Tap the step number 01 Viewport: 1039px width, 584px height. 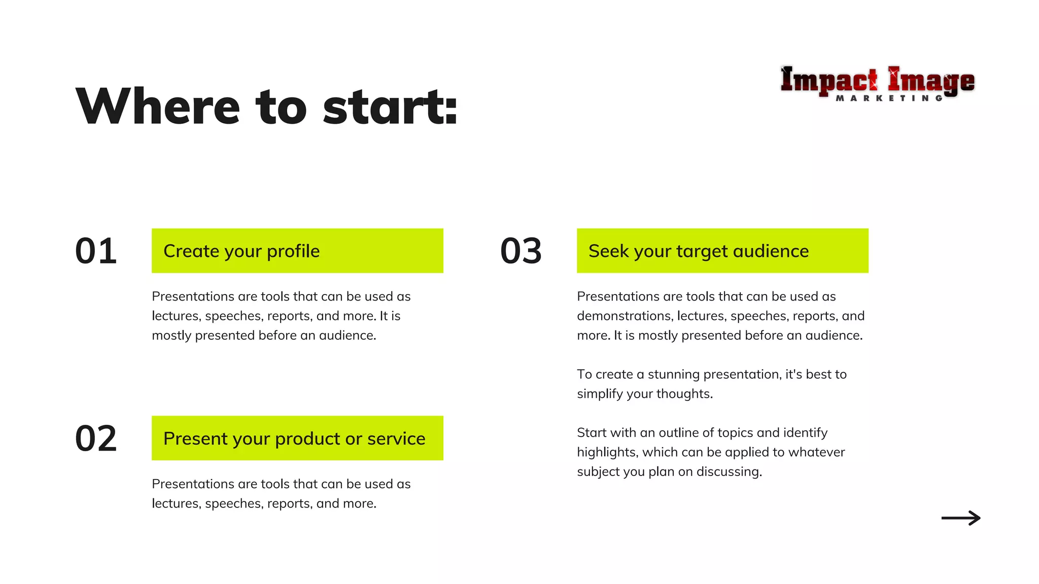[x=96, y=251]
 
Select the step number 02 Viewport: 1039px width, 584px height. [x=96, y=439]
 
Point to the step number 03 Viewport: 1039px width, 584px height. [x=521, y=251]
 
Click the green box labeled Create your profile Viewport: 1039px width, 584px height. [x=297, y=251]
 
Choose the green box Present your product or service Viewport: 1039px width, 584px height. [x=297, y=439]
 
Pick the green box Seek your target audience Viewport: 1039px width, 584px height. [x=722, y=251]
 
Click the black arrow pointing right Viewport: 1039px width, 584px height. [x=961, y=518]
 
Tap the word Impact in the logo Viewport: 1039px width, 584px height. [x=828, y=80]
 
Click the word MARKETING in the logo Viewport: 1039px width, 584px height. [x=889, y=98]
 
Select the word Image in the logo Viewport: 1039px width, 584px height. [x=931, y=80]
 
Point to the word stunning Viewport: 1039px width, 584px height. [x=673, y=374]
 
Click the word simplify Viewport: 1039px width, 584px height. [x=600, y=394]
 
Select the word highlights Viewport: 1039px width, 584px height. [x=606, y=452]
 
